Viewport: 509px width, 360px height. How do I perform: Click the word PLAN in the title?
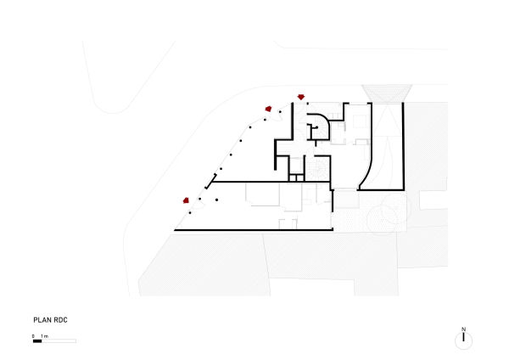click(x=42, y=320)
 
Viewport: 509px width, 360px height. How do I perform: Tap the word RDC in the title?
click(x=61, y=320)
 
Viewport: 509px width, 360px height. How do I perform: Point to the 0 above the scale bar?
click(x=33, y=336)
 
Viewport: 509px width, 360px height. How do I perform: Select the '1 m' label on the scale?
click(x=44, y=336)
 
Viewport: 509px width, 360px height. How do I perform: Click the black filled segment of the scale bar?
click(x=37, y=341)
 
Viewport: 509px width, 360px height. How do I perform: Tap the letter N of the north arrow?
click(x=463, y=329)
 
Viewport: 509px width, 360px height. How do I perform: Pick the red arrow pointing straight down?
click(x=301, y=97)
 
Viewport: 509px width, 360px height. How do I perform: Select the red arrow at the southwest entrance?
click(x=186, y=200)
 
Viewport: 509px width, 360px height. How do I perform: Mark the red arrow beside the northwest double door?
click(x=268, y=109)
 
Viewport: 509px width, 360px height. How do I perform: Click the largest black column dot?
click(x=216, y=200)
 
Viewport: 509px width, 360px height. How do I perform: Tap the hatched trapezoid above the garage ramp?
click(x=387, y=93)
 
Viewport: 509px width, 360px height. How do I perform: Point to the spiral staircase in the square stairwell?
click(x=317, y=168)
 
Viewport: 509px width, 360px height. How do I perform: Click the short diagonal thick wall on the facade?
click(x=210, y=182)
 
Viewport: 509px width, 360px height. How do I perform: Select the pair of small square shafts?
click(x=296, y=178)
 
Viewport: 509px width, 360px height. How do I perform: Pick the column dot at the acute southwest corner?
click(x=190, y=213)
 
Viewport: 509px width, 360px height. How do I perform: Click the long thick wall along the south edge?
click(x=254, y=230)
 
